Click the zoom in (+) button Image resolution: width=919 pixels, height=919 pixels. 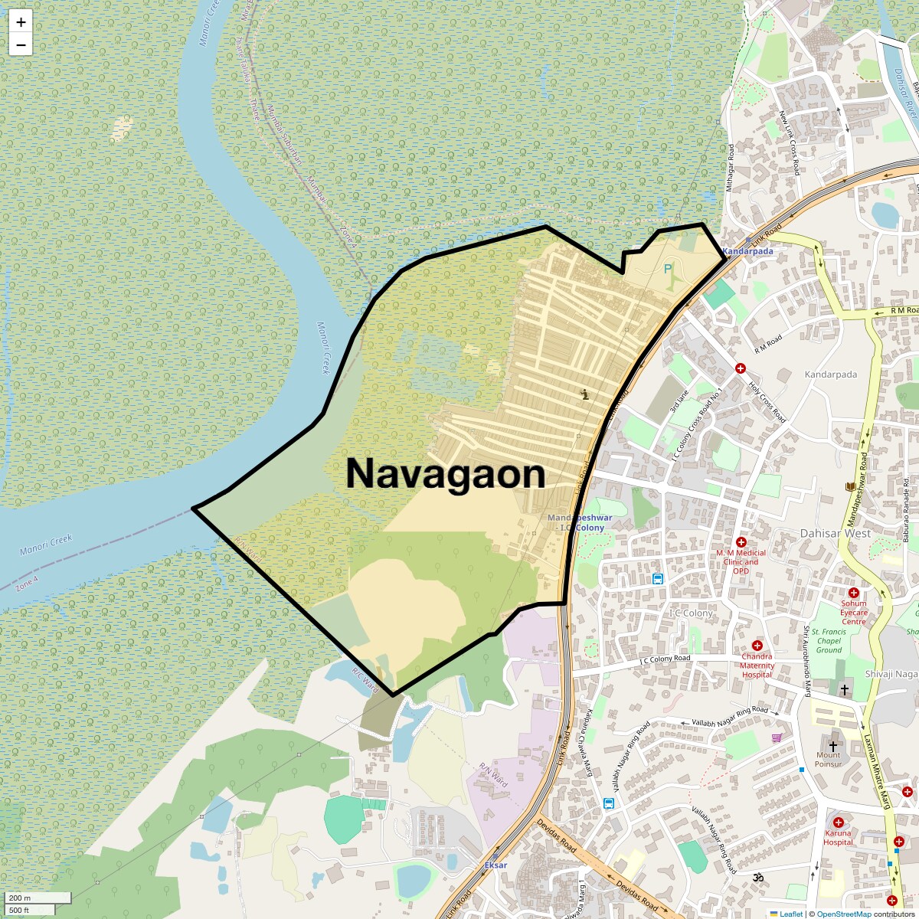tap(21, 22)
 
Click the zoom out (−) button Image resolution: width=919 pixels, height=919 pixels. tap(21, 45)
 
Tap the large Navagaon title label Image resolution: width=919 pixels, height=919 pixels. tap(446, 474)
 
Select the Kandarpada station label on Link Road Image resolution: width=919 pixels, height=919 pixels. tap(747, 251)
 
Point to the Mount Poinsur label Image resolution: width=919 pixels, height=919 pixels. tap(828, 759)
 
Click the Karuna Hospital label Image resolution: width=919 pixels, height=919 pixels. tap(838, 837)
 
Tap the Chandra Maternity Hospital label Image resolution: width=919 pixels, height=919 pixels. tap(757, 666)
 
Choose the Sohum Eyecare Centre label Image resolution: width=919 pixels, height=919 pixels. tap(854, 612)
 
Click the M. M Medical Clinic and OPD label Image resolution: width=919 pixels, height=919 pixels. tap(741, 561)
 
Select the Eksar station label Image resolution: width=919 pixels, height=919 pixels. tap(495, 865)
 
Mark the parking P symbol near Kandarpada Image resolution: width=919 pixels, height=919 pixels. tap(668, 269)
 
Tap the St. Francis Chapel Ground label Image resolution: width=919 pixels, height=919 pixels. tap(829, 640)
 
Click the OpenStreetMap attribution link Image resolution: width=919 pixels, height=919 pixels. tap(844, 914)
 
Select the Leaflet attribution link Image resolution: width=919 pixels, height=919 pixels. tap(791, 914)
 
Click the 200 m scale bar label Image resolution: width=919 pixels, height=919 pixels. tap(20, 898)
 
